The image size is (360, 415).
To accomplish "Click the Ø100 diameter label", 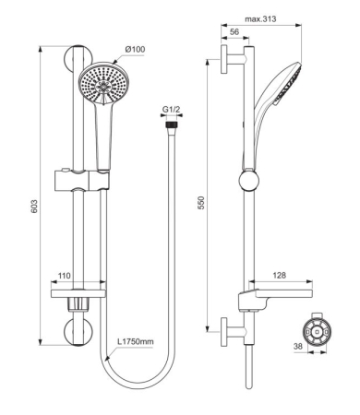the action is (135, 49).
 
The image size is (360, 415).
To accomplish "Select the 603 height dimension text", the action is (34, 207).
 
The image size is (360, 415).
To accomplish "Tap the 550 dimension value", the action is (201, 203).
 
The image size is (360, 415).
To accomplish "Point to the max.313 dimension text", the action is (260, 19).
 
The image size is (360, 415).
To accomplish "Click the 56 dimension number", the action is (234, 31).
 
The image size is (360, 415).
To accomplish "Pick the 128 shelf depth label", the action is (279, 275).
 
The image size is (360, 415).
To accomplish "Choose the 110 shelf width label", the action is (65, 276).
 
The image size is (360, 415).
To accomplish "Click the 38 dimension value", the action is (298, 347).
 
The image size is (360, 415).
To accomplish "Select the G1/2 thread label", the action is (171, 109).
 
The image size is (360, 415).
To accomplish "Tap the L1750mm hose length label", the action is (136, 342).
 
